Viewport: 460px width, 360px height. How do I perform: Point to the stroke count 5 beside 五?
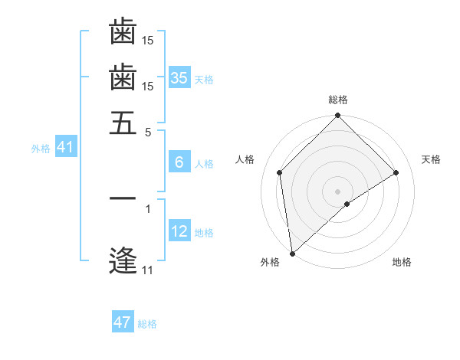pyautogui.click(x=148, y=132)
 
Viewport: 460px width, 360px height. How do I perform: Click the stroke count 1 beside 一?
pyautogui.click(x=148, y=207)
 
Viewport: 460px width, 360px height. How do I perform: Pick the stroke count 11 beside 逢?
pyautogui.click(x=147, y=270)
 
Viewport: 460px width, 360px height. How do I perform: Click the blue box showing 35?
pyautogui.click(x=179, y=78)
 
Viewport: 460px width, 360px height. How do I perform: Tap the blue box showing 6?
pyautogui.click(x=179, y=162)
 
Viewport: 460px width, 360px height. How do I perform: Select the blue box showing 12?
pyautogui.click(x=179, y=232)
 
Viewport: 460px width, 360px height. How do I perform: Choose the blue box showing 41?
pyautogui.click(x=65, y=148)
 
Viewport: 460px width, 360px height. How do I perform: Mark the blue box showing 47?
pyautogui.click(x=123, y=322)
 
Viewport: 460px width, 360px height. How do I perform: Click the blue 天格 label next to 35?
pyautogui.click(x=204, y=80)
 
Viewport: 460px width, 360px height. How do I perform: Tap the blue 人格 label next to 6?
pyautogui.click(x=204, y=164)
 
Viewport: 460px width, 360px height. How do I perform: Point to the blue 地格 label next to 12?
pyautogui.click(x=204, y=233)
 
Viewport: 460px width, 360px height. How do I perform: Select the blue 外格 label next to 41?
pyautogui.click(x=41, y=149)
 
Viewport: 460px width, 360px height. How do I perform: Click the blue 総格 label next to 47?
pyautogui.click(x=147, y=324)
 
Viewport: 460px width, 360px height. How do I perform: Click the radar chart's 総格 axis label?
pyautogui.click(x=338, y=100)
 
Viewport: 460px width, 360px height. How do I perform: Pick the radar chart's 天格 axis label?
pyautogui.click(x=431, y=159)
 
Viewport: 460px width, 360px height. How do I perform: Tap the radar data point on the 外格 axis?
pyautogui.click(x=292, y=253)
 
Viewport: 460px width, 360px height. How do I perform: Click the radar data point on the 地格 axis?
pyautogui.click(x=347, y=204)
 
